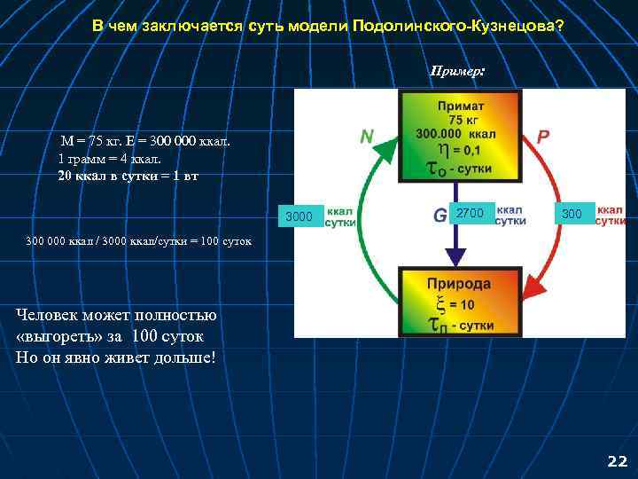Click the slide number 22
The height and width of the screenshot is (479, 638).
617,461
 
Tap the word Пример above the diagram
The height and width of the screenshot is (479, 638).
455,70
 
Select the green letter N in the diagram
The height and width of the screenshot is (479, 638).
366,137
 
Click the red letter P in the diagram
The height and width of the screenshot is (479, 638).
543,137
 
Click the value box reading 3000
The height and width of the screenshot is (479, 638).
300,216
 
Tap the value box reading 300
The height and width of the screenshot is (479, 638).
572,214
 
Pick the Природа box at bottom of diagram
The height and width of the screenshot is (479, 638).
459,302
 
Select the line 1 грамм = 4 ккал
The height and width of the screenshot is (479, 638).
109,159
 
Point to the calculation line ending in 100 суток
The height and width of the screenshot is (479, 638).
139,240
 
